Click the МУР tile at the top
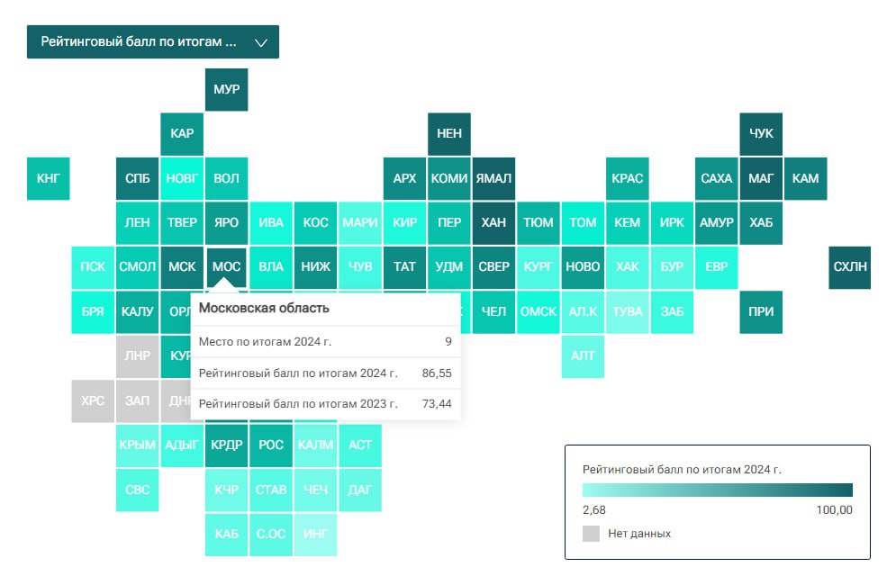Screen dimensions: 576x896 click(x=227, y=90)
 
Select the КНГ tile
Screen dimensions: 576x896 click(x=49, y=178)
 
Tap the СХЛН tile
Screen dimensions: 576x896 click(x=850, y=266)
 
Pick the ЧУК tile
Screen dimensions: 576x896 click(x=761, y=134)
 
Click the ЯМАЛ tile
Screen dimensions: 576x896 click(x=493, y=178)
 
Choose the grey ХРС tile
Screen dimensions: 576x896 click(x=93, y=400)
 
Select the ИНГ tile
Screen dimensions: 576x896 click(x=316, y=534)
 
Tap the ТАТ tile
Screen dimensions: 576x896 click(x=405, y=266)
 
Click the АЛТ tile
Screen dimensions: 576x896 click(x=583, y=355)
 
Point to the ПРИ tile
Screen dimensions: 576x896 click(x=761, y=312)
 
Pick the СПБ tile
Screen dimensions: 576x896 click(x=138, y=178)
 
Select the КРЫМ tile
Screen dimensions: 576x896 click(x=138, y=445)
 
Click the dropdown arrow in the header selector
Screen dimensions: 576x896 click(x=261, y=42)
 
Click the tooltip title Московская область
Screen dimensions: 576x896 click(x=264, y=309)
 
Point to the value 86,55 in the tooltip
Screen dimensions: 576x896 click(x=437, y=372)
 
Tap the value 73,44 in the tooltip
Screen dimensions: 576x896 click(x=437, y=404)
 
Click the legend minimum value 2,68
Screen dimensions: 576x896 click(x=594, y=510)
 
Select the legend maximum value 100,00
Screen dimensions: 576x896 click(x=833, y=510)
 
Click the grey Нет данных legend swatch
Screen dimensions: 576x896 click(x=591, y=534)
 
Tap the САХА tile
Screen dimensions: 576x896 click(x=717, y=178)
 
